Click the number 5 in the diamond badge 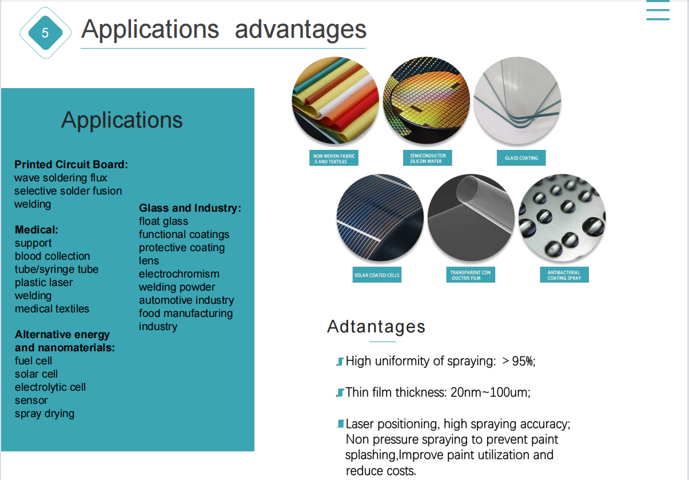(x=45, y=33)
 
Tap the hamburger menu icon (x=658, y=10)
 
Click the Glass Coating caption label (x=521, y=158)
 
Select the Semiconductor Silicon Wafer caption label (x=428, y=158)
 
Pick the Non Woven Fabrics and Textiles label (x=334, y=158)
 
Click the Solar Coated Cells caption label (x=377, y=275)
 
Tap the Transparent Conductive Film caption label (x=471, y=275)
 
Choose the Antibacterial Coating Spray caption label (x=564, y=275)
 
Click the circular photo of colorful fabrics (x=335, y=100)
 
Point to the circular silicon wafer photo (x=427, y=100)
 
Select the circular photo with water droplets (x=562, y=218)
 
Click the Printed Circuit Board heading (x=71, y=165)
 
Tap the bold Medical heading (x=36, y=230)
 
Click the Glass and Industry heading (x=190, y=208)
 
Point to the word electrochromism (x=179, y=274)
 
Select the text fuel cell (x=33, y=360)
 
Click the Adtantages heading (x=376, y=327)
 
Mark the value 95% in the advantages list (x=523, y=361)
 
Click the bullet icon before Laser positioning (x=341, y=424)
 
